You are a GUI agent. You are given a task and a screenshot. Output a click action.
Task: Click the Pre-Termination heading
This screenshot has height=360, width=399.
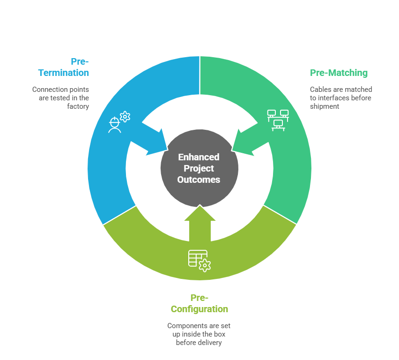pos(64,67)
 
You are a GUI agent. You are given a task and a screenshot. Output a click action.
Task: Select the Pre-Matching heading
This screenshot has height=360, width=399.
pos(339,73)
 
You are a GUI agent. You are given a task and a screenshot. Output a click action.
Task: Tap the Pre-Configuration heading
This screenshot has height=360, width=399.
pos(199,303)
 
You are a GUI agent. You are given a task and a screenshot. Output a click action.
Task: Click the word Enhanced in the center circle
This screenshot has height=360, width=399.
pos(199,157)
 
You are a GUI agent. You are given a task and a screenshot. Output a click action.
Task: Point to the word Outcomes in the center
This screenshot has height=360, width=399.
pos(199,180)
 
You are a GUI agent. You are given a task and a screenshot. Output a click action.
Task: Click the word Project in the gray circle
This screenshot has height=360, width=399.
pos(199,168)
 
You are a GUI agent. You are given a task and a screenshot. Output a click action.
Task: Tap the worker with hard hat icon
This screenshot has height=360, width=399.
pos(115,125)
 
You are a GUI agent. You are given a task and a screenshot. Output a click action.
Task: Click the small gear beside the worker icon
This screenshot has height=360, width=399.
pos(125,117)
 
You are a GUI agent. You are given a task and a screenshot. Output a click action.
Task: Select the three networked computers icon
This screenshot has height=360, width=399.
pos(278,120)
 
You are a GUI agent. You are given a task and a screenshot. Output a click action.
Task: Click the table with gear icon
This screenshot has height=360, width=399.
pos(199,261)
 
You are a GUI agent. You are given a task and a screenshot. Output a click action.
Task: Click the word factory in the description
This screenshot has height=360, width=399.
pos(78,106)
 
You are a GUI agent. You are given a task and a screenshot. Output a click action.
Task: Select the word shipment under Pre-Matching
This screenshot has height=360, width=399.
pos(325,106)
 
